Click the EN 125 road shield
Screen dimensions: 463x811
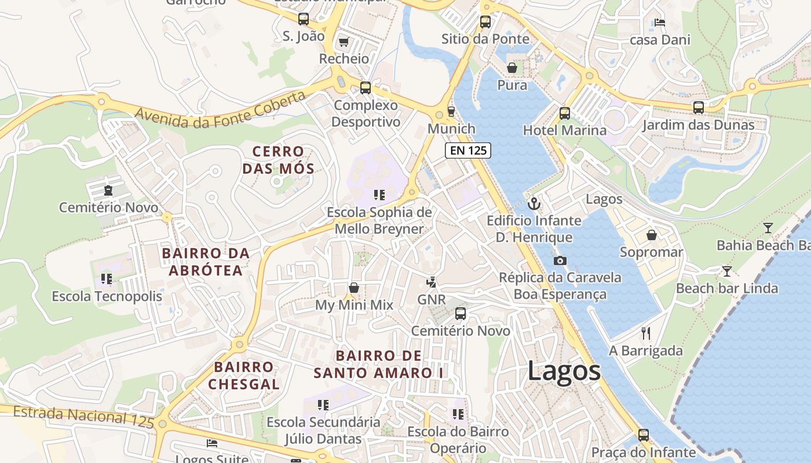click(x=468, y=150)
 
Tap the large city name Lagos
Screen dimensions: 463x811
click(x=564, y=370)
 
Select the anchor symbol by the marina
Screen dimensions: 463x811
click(x=534, y=203)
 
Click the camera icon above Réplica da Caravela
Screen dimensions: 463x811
click(x=560, y=260)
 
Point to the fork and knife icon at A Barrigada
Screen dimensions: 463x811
click(x=646, y=333)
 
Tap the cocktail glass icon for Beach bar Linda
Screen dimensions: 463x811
click(x=727, y=271)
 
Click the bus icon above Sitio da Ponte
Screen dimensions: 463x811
click(x=485, y=22)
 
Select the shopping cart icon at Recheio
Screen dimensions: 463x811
click(x=344, y=42)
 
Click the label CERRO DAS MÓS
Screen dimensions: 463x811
click(x=279, y=160)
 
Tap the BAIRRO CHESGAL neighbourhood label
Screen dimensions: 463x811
click(x=244, y=375)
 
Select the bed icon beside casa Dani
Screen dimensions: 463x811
click(x=659, y=23)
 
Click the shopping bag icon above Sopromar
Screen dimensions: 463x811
click(x=652, y=235)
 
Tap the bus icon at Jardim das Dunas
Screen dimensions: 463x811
click(x=699, y=107)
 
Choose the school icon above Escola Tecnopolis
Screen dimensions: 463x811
click(x=106, y=279)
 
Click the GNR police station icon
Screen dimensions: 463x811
click(x=431, y=282)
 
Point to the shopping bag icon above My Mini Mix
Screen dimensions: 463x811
click(x=354, y=288)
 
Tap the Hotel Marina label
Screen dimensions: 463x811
click(x=564, y=130)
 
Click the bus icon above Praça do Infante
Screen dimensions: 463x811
click(x=643, y=435)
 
